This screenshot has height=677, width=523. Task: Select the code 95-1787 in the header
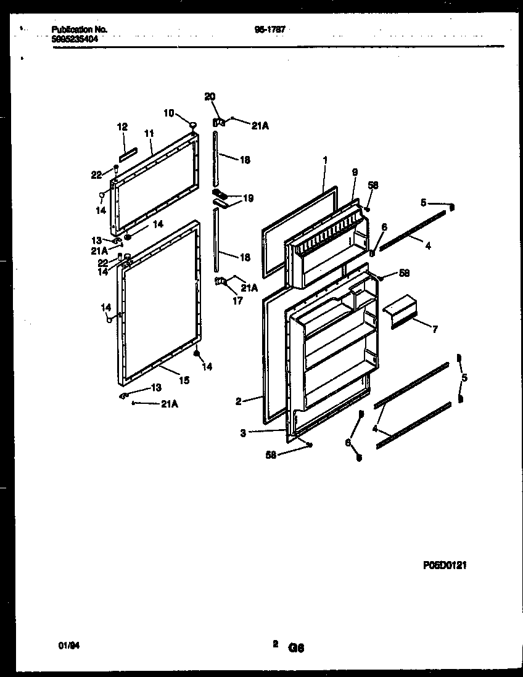point(270,29)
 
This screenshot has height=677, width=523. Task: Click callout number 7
point(435,330)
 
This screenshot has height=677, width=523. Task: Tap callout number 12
point(122,127)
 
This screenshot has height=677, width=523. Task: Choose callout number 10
point(168,112)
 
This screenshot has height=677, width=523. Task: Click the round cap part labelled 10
point(194,126)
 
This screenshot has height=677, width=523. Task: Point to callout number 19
point(248,198)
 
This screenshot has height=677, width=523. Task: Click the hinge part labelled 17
point(221,282)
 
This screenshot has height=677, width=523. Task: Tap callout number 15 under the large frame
point(184,380)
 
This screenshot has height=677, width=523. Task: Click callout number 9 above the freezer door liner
point(355,173)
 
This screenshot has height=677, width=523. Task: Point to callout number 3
point(243,433)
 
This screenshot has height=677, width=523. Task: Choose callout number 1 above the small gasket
point(324,160)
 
